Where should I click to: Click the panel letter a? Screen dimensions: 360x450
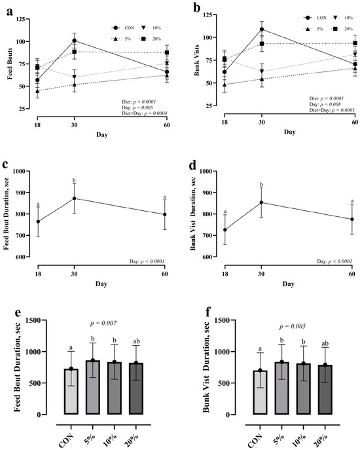(9, 12)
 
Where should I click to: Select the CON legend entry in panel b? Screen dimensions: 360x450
(315, 18)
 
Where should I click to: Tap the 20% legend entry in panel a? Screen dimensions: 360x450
(151, 39)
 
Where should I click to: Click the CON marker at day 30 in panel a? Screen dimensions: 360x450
(75, 41)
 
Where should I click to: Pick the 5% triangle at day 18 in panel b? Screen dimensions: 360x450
(225, 84)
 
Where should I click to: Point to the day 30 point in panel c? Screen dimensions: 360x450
(75, 198)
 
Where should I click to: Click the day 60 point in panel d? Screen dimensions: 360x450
(352, 219)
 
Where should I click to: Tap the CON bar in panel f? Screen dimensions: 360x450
(260, 392)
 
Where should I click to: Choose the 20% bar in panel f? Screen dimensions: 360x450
(325, 390)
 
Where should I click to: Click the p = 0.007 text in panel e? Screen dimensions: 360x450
(103, 324)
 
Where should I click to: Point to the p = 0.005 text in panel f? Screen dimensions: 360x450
(293, 326)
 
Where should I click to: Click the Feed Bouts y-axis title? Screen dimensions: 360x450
(10, 64)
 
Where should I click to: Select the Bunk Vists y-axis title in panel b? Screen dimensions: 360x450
(197, 60)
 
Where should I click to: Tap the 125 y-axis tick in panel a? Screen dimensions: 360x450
(20, 19)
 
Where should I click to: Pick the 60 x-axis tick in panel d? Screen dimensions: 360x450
(352, 274)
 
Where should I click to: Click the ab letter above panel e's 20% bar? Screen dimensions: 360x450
(136, 341)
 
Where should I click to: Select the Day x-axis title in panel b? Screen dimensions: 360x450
(290, 132)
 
